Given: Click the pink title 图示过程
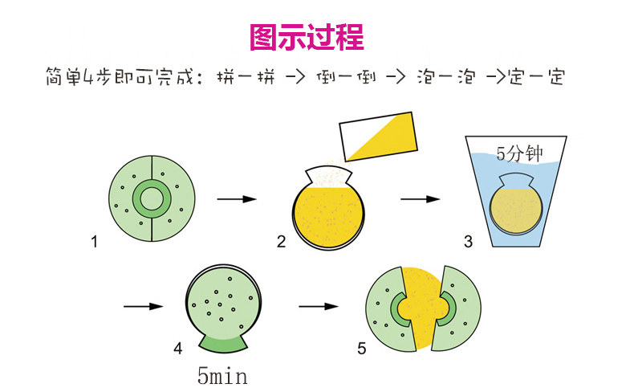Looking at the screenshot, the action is pyautogui.click(x=307, y=37).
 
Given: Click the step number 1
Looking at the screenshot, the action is pyautogui.click(x=94, y=242).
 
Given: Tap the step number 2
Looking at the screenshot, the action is pyautogui.click(x=282, y=242).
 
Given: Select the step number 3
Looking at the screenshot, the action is pyautogui.click(x=468, y=242).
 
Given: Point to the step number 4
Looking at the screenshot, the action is pyautogui.click(x=178, y=349).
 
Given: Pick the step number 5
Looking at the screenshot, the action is pyautogui.click(x=362, y=349).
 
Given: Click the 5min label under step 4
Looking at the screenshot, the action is pyautogui.click(x=222, y=376).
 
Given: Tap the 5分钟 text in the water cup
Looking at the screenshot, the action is pyautogui.click(x=519, y=153).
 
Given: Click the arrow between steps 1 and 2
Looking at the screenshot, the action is pyautogui.click(x=237, y=199).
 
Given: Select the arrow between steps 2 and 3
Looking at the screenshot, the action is pyautogui.click(x=421, y=199).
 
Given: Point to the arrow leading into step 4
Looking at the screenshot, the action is pyautogui.click(x=144, y=306).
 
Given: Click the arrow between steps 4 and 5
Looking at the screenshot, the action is pyautogui.click(x=319, y=306).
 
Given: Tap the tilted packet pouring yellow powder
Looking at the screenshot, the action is pyautogui.click(x=379, y=137).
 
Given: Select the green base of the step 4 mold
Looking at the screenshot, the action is pyautogui.click(x=223, y=345).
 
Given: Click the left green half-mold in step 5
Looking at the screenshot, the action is pyautogui.click(x=380, y=309).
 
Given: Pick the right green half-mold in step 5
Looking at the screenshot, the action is pyautogui.click(x=465, y=308).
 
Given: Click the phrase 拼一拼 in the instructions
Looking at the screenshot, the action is pyautogui.click(x=246, y=76).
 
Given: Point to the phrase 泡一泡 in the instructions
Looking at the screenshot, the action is pyautogui.click(x=446, y=76).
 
